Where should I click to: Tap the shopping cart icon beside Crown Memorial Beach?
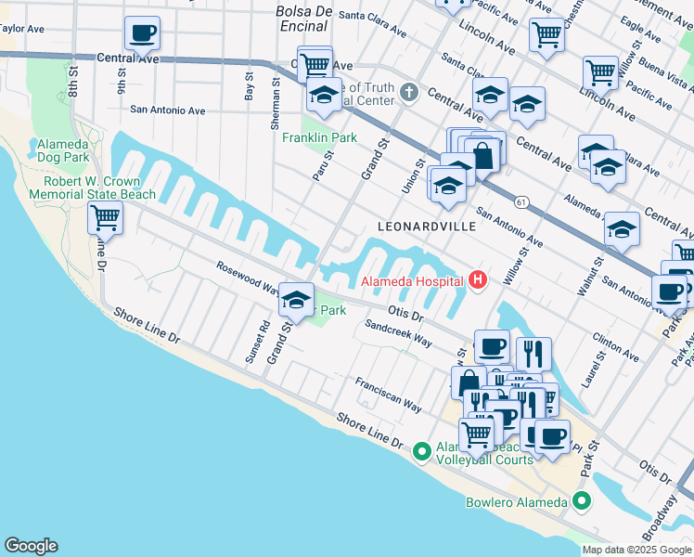pyautogui.click(x=106, y=219)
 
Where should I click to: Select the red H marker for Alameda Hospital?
pyautogui.click(x=478, y=279)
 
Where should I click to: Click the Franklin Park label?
pyautogui.click(x=319, y=137)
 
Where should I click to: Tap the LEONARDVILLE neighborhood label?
pyautogui.click(x=427, y=227)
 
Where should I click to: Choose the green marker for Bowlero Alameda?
pyautogui.click(x=582, y=502)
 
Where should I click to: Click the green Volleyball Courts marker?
pyautogui.click(x=421, y=450)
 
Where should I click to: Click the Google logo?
pyautogui.click(x=31, y=546)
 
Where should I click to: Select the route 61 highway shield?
pyautogui.click(x=521, y=201)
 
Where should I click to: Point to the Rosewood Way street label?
pyautogui.click(x=247, y=276)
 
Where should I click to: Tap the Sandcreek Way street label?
pyautogui.click(x=398, y=334)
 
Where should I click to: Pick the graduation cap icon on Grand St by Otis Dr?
pyautogui.click(x=297, y=300)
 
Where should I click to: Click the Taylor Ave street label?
pyautogui.click(x=22, y=29)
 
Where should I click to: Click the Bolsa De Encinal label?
pyautogui.click(x=304, y=18)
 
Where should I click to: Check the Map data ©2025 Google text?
pyautogui.click(x=636, y=549)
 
